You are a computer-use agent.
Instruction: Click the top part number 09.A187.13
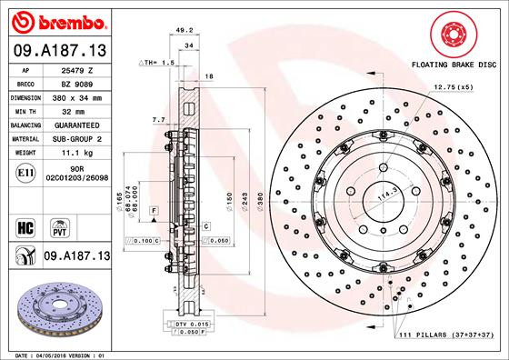pos(59,50)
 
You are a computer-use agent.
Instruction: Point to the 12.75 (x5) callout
pos(453,87)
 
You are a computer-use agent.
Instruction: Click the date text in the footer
pos(55,355)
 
